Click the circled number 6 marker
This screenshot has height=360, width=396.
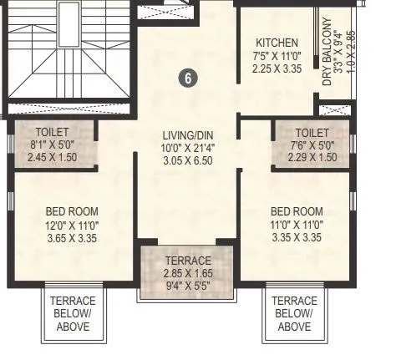tap(189, 78)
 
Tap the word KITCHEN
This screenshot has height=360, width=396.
tap(277, 43)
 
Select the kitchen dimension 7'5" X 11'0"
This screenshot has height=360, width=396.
tap(277, 55)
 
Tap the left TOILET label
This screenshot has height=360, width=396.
tap(52, 132)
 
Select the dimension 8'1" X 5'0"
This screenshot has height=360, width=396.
tap(52, 144)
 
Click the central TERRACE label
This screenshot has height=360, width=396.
tap(187, 261)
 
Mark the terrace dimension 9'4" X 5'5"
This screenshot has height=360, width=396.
tap(187, 285)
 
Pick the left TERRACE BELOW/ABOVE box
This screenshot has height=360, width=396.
tap(73, 313)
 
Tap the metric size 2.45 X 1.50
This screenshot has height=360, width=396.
tap(52, 156)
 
